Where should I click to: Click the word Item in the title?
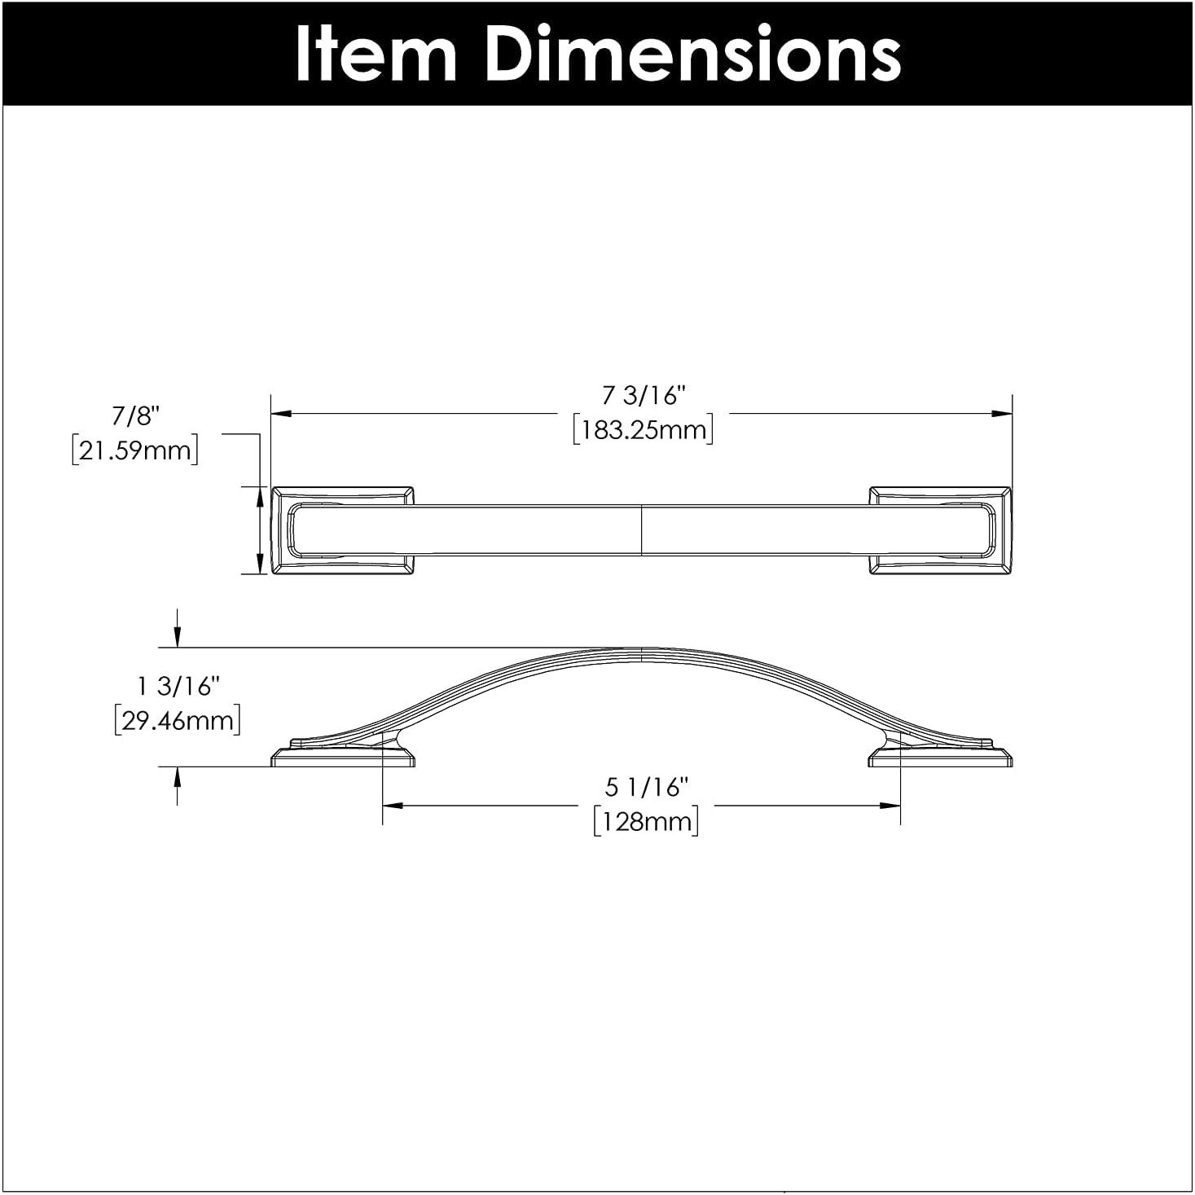(376, 54)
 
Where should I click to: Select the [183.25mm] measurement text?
(643, 429)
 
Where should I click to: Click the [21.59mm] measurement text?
(135, 450)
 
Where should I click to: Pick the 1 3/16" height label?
(178, 687)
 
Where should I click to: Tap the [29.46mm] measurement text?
(178, 721)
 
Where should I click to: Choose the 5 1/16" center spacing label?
(647, 787)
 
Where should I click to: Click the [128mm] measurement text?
(646, 820)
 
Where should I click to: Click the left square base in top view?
(342, 531)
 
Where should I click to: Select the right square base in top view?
(940, 531)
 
